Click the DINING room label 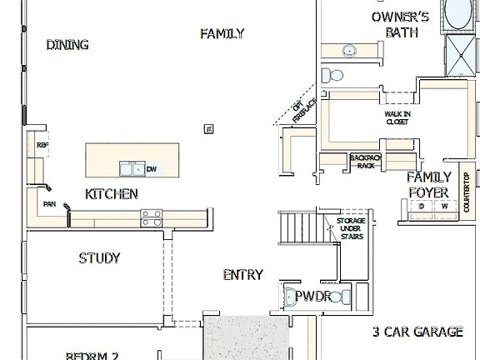[x=67, y=45]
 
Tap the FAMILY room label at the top [x=222, y=34]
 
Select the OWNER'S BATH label [x=400, y=24]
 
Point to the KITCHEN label [x=111, y=194]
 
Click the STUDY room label [x=99, y=257]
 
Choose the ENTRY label [x=243, y=275]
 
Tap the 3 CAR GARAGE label [x=417, y=332]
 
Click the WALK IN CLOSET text [x=397, y=117]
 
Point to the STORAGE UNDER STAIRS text [x=350, y=228]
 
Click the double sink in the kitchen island [x=131, y=169]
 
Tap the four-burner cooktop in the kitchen [x=151, y=218]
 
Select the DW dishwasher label [x=152, y=170]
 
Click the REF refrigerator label [x=42, y=145]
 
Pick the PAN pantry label [x=50, y=202]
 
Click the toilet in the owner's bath [x=332, y=76]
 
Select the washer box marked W [x=444, y=206]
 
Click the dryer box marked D [x=422, y=206]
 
